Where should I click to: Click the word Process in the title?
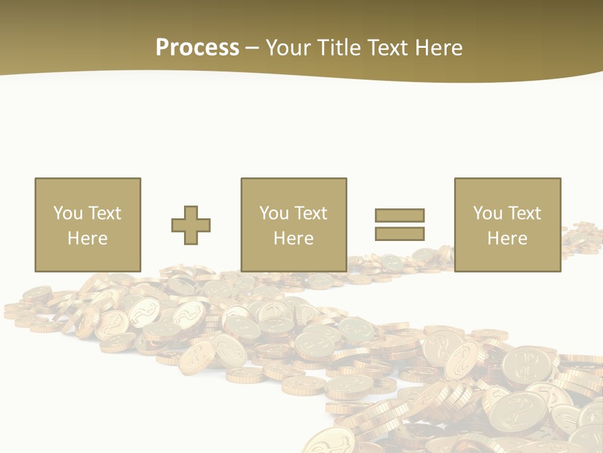pyautogui.click(x=197, y=47)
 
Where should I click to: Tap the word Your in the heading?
pyautogui.click(x=290, y=47)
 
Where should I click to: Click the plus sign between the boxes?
pyautogui.click(x=191, y=225)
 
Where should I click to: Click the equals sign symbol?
pyautogui.click(x=399, y=225)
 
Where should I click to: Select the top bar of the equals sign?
pyautogui.click(x=399, y=216)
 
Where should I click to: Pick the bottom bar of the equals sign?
pyautogui.click(x=399, y=233)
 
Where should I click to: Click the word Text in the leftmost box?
pyautogui.click(x=104, y=213)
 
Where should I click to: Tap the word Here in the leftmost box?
pyautogui.click(x=87, y=238)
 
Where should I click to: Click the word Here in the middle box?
pyautogui.click(x=293, y=238)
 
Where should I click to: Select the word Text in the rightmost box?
pyautogui.click(x=524, y=213)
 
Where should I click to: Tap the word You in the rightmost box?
pyautogui.click(x=487, y=213)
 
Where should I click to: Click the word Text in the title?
pyautogui.click(x=385, y=47)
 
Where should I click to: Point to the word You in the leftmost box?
pyautogui.click(x=68, y=213)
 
